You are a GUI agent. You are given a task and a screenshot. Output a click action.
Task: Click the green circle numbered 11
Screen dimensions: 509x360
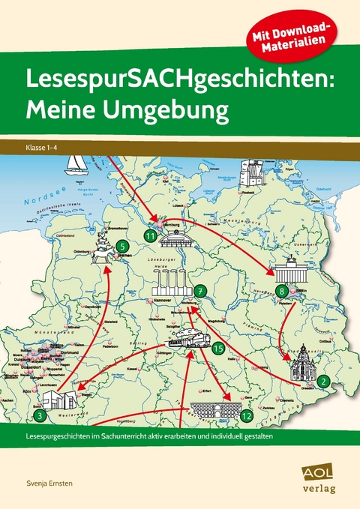tap(150, 236)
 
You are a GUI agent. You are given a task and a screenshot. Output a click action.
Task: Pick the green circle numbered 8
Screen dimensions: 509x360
tap(282, 290)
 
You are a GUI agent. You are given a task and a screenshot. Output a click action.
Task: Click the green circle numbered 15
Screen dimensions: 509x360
tap(217, 347)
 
